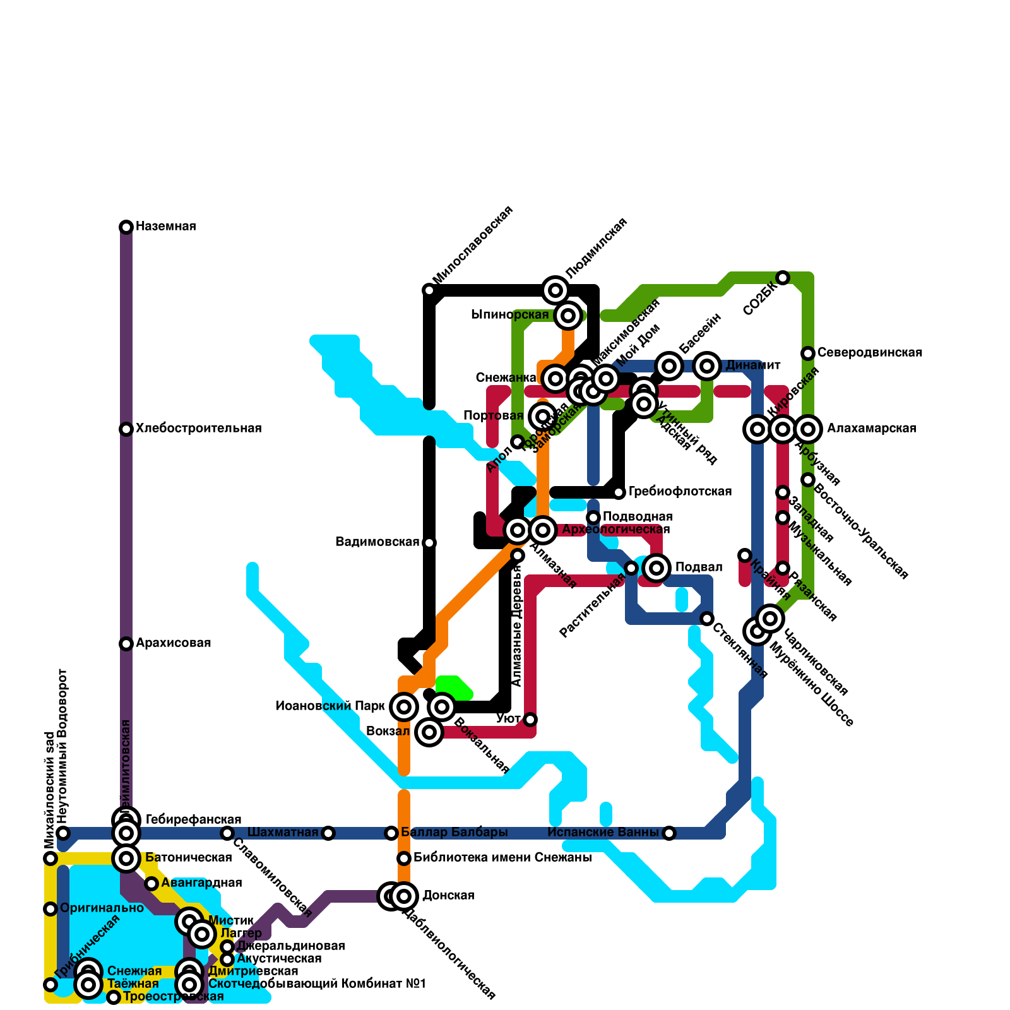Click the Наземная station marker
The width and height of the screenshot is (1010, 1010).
click(x=126, y=227)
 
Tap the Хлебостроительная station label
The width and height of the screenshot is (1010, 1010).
click(x=198, y=429)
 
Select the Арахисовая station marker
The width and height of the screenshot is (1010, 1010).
click(x=126, y=644)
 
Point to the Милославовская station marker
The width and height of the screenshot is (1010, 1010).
click(x=429, y=290)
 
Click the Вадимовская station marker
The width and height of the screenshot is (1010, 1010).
click(x=429, y=543)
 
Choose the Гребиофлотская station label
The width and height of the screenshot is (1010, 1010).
click(x=680, y=492)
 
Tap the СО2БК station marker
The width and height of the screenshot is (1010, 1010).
click(x=783, y=278)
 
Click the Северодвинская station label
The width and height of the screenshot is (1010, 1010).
click(x=869, y=353)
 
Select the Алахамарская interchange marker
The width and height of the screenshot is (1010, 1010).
click(x=808, y=429)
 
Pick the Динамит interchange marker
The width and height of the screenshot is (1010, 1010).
click(x=707, y=366)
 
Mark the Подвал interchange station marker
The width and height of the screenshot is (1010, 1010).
click(x=656, y=568)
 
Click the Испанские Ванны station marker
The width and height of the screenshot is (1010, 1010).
click(x=669, y=833)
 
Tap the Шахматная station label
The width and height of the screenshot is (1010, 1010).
click(x=282, y=833)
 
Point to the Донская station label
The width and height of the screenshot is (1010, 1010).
click(x=448, y=896)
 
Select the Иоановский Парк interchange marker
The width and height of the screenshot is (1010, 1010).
click(x=404, y=707)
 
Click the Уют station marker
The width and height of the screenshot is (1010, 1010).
click(x=530, y=720)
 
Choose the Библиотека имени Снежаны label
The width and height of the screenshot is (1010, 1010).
click(x=502, y=858)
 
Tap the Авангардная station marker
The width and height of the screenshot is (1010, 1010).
click(x=151, y=884)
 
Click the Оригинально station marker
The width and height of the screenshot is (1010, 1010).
click(x=50, y=909)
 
